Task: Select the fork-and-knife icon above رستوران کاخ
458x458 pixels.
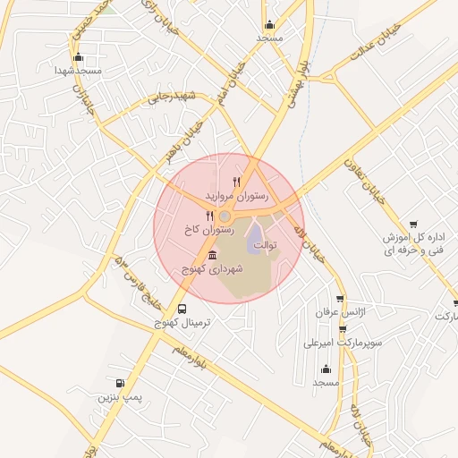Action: coord(210,216)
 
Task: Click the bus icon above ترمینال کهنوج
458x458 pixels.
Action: coord(183,309)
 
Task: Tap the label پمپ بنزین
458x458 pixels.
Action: coord(119,394)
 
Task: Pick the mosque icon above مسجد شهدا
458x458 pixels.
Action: coord(79,55)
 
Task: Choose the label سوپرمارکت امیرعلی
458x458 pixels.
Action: coord(343,342)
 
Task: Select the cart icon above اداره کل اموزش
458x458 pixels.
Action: coord(413,224)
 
